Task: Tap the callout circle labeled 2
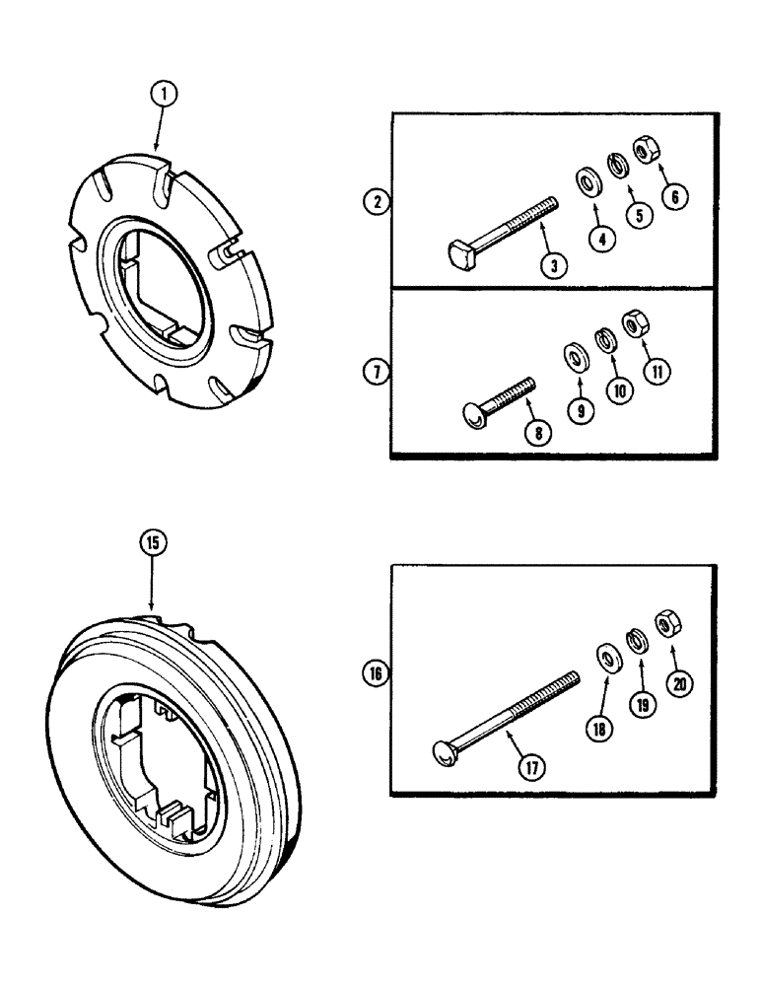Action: pyautogui.click(x=375, y=204)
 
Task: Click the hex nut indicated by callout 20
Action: pyautogui.click(x=667, y=624)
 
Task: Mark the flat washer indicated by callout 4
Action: pyautogui.click(x=589, y=179)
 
